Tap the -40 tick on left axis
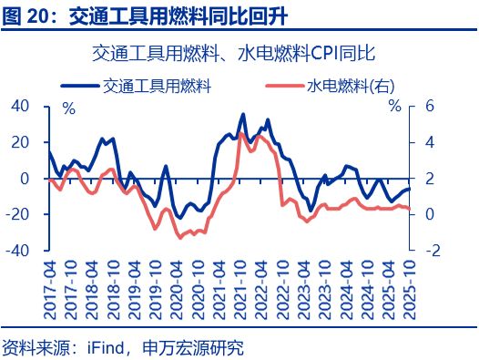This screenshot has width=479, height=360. (20, 250)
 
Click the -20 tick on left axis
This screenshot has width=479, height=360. (20, 214)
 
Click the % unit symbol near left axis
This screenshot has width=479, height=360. (68, 108)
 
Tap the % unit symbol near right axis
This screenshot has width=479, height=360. (393, 108)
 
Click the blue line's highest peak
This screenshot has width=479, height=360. (242, 115)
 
